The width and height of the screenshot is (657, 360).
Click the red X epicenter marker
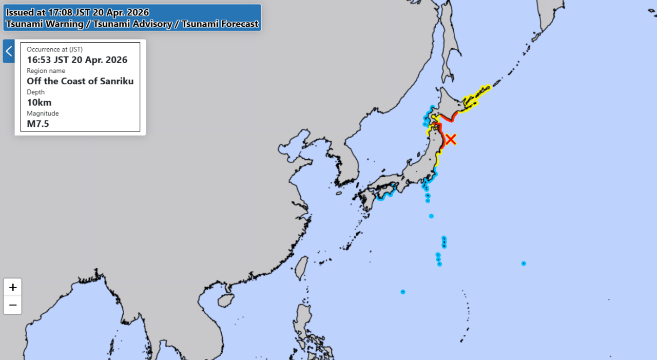click(x=451, y=139)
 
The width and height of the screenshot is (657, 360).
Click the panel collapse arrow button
click(x=9, y=51)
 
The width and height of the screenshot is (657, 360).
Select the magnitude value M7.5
click(x=38, y=124)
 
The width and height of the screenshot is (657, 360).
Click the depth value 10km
click(x=39, y=102)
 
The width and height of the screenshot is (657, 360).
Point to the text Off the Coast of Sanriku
click(x=80, y=81)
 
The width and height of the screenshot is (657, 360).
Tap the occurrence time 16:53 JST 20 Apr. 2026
click(x=77, y=60)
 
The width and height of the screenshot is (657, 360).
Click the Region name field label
click(x=46, y=71)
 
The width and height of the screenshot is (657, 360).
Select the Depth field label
click(x=36, y=92)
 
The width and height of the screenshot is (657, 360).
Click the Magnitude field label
click(x=43, y=113)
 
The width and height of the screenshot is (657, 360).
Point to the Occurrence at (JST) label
click(x=55, y=49)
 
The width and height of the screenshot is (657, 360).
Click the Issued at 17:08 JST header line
click(x=78, y=12)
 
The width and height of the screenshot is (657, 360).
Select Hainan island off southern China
click(x=226, y=300)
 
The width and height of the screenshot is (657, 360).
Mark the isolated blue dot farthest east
click(x=524, y=263)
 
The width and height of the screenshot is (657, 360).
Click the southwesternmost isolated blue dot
click(x=403, y=292)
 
